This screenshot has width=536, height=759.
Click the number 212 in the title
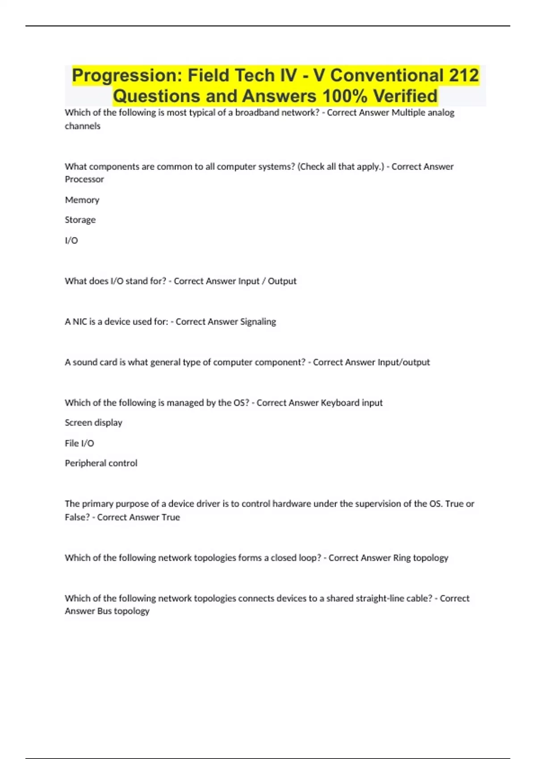[x=464, y=75]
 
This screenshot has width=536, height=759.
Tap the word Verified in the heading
[x=406, y=96]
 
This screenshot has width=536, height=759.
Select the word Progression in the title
[x=126, y=75]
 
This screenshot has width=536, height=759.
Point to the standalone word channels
[x=83, y=126]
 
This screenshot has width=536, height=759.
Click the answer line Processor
[x=84, y=179]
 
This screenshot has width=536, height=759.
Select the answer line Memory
[x=82, y=200]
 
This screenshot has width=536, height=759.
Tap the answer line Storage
[x=80, y=220]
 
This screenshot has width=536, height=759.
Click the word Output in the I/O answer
[x=282, y=281]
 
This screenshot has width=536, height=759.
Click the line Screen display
[x=93, y=422]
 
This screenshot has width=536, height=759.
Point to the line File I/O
[x=80, y=443]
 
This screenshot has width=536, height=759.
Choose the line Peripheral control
[x=101, y=463]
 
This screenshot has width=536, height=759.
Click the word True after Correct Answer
[x=171, y=517]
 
